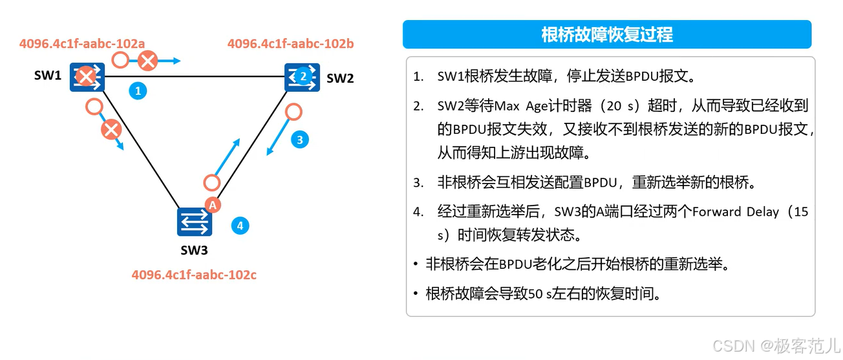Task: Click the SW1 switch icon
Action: [86, 78]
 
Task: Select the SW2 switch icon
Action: [303, 77]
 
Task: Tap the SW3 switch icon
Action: [195, 222]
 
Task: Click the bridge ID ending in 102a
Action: [82, 44]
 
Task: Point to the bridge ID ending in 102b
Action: [290, 44]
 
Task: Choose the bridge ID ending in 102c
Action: [194, 275]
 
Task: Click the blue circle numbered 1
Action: [137, 91]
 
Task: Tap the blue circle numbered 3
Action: [299, 139]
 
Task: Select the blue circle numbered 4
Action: [240, 226]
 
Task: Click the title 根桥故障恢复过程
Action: [606, 34]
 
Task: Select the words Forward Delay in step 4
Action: [735, 212]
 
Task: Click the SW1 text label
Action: [48, 76]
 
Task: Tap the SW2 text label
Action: [340, 78]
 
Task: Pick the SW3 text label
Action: [194, 249]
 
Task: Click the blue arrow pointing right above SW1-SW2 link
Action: [169, 61]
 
